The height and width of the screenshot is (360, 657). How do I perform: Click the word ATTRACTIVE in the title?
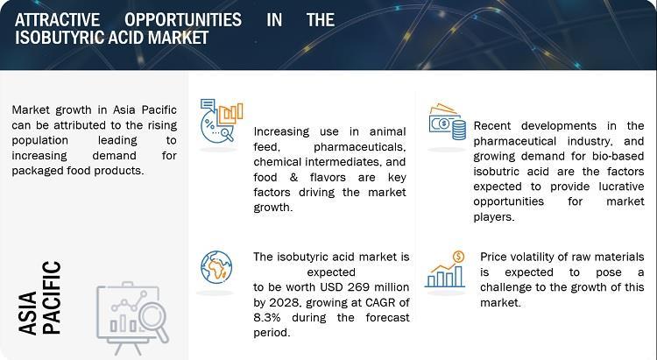tap(58, 19)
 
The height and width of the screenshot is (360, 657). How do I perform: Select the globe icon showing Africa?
tap(216, 267)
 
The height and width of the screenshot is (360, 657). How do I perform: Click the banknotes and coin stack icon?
tap(447, 122)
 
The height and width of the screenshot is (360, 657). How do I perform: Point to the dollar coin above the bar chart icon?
tap(459, 256)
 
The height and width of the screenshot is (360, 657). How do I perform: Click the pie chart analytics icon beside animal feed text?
tap(222, 121)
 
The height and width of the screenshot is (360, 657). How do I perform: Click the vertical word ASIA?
tap(28, 314)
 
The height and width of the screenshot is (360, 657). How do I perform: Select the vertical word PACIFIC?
tap(53, 298)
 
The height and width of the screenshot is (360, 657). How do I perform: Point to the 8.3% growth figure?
tap(267, 317)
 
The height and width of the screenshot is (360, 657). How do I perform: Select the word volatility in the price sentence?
tap(528, 257)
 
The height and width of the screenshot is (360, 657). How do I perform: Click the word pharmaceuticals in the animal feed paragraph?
tap(359, 147)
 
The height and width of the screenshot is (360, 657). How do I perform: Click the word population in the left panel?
tap(39, 141)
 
